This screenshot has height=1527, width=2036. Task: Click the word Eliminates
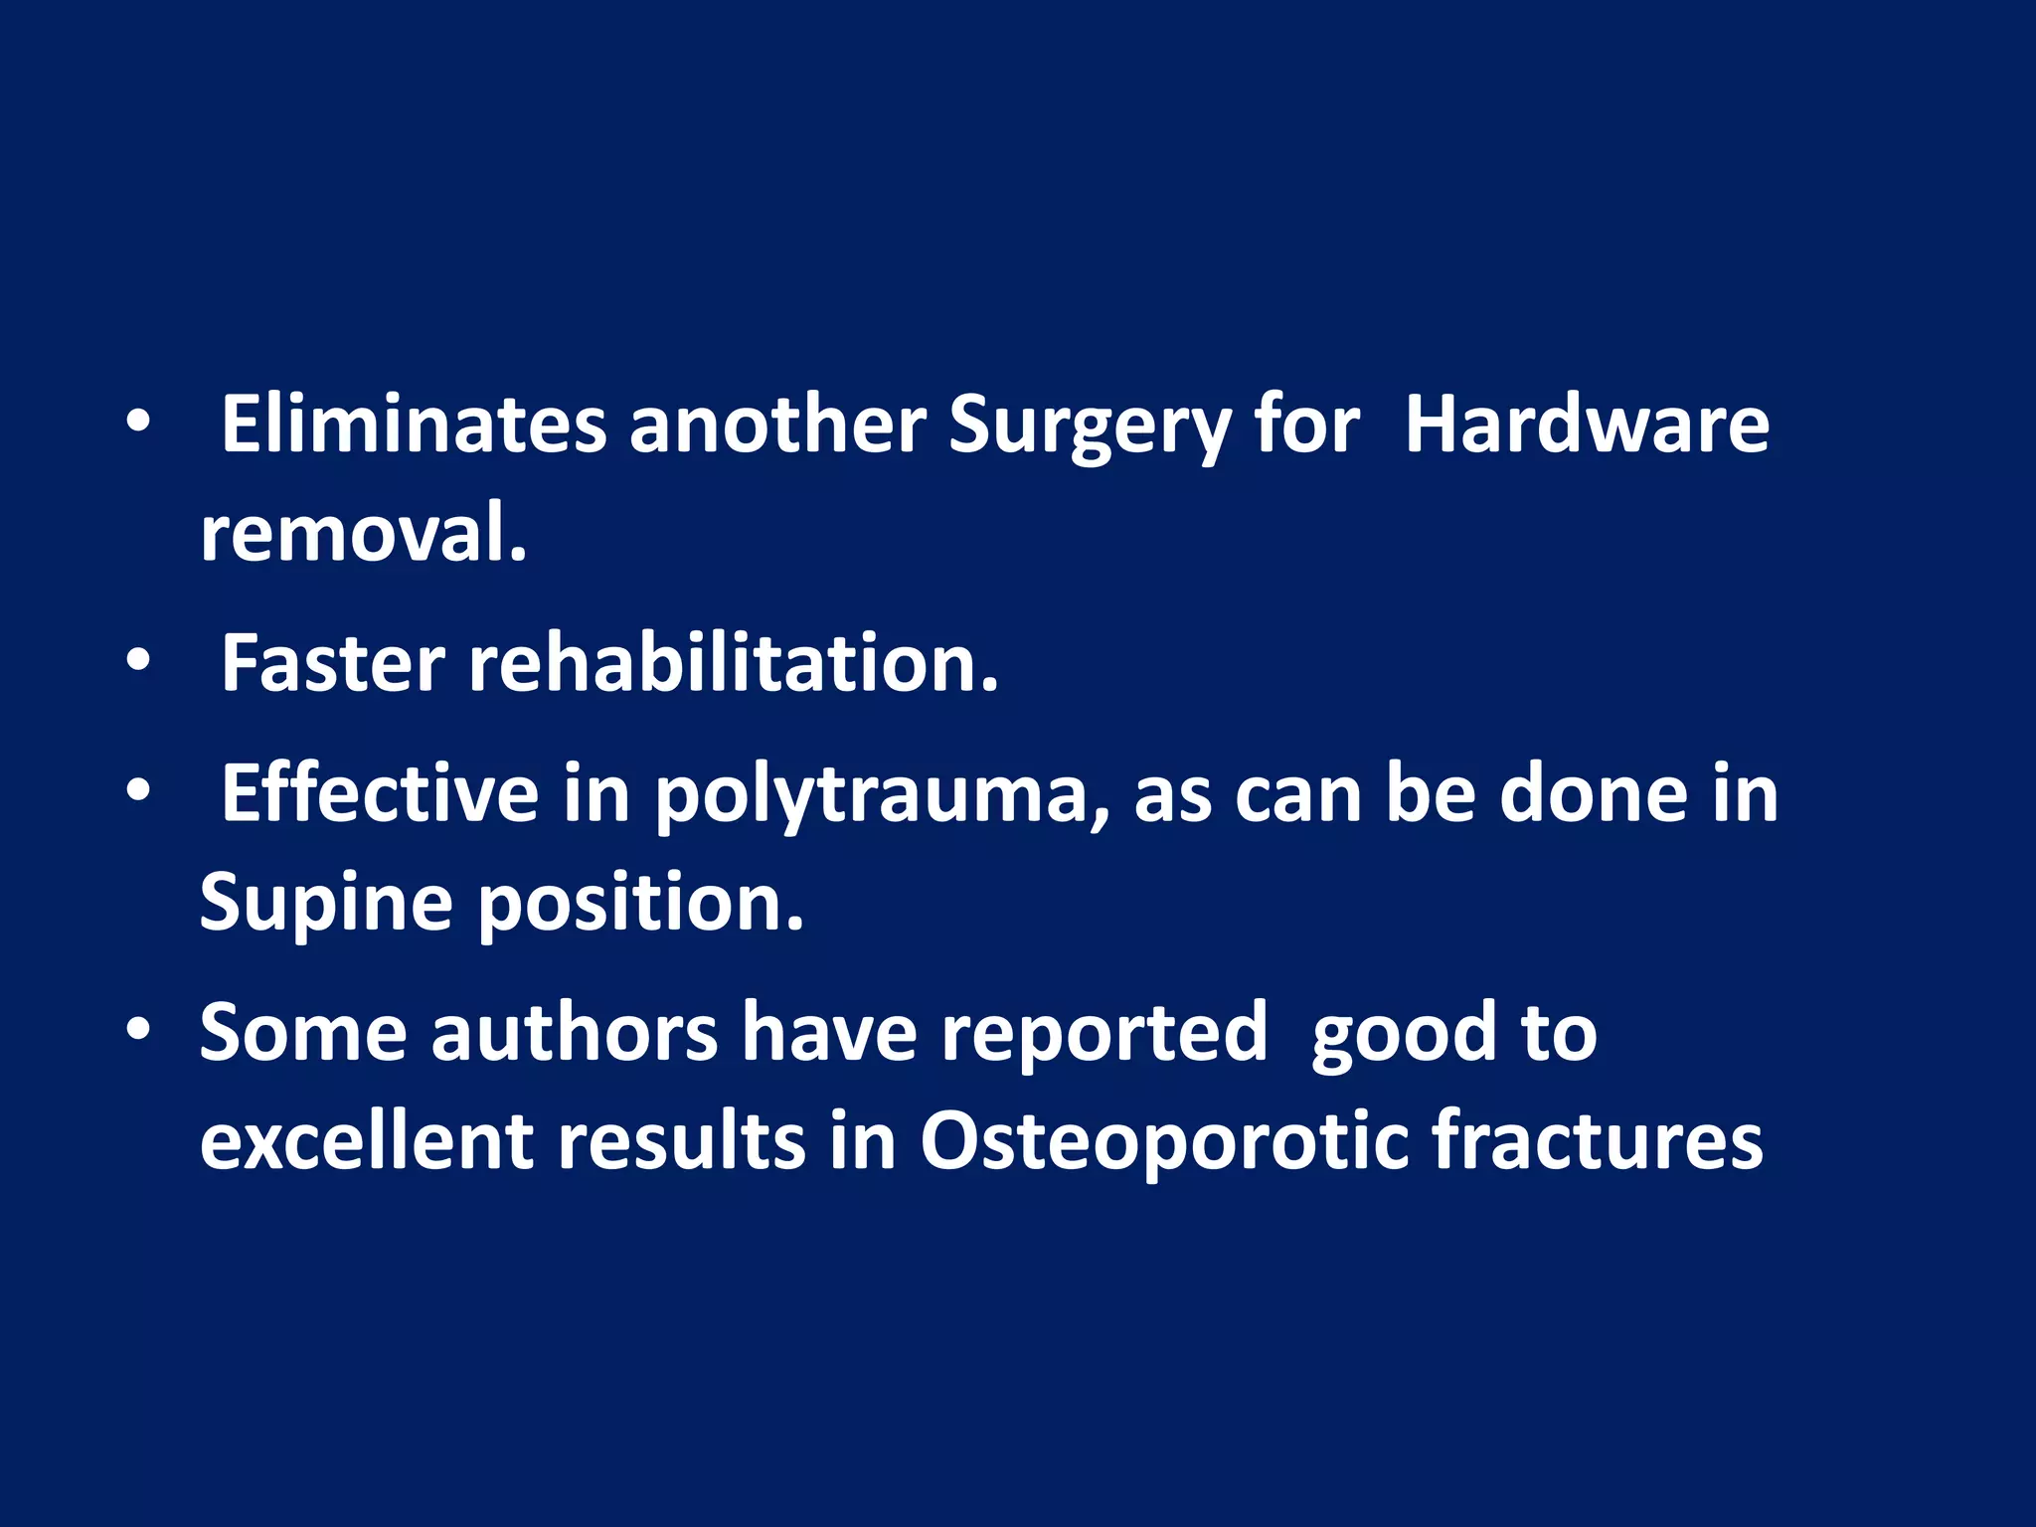click(x=413, y=425)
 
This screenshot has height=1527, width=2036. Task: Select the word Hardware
click(x=1587, y=425)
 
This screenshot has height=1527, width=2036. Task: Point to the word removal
click(x=363, y=534)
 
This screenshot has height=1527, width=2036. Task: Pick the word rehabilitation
click(x=734, y=663)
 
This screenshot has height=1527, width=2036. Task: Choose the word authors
click(x=574, y=1033)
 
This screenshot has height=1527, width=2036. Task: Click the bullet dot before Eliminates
click(x=138, y=424)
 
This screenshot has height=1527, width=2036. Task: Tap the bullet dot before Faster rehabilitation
click(x=138, y=660)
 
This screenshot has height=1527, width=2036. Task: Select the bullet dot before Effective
click(x=138, y=791)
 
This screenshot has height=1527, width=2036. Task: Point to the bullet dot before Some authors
click(x=138, y=1030)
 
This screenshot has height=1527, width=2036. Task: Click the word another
click(x=776, y=425)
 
